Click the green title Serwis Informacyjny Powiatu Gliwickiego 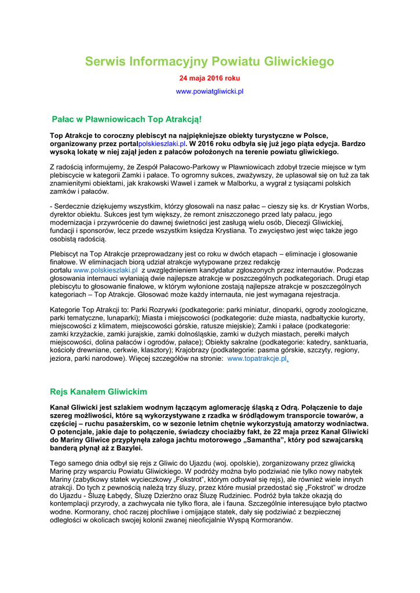point(210,61)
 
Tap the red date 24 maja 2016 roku point(210,78)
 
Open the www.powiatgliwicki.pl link point(210,91)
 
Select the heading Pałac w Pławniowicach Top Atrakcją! point(127,120)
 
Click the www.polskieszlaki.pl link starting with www point(105,270)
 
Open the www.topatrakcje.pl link point(257,358)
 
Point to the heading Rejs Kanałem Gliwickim point(98,391)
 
